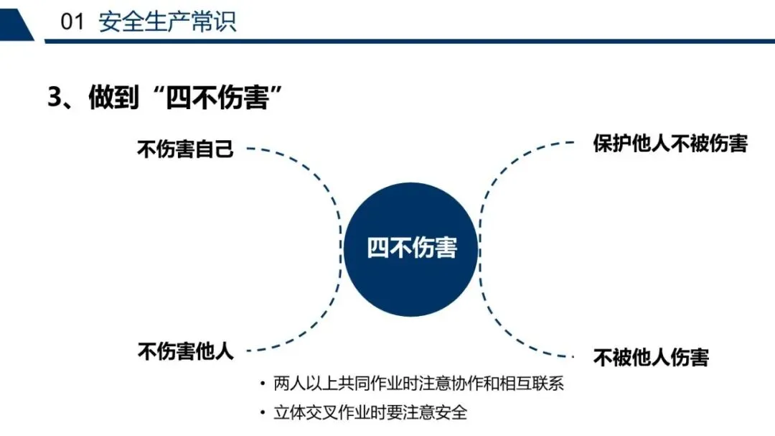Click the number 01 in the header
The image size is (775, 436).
tap(72, 22)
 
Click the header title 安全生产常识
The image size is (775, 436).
tap(167, 22)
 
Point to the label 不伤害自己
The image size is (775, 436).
tap(185, 149)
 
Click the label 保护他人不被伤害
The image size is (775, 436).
tap(670, 143)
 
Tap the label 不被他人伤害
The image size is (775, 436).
tap(651, 357)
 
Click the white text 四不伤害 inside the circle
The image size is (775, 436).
tap(412, 248)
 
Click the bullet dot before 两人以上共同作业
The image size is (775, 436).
tap(263, 384)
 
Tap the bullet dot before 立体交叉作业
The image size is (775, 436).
tap(263, 414)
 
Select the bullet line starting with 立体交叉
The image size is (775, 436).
tap(370, 413)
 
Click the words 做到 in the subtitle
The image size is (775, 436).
tap(113, 97)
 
